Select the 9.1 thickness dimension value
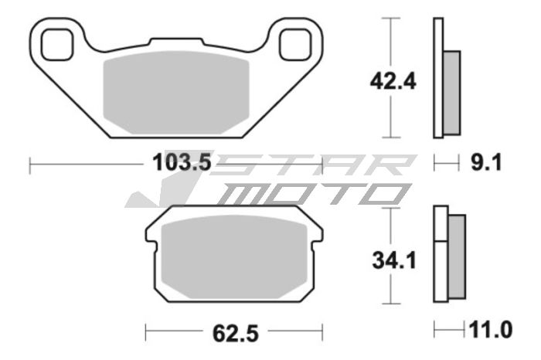point(488,163)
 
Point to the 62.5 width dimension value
point(234,333)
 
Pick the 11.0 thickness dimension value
point(489,331)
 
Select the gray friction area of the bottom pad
point(234,255)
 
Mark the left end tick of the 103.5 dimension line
point(30,164)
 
